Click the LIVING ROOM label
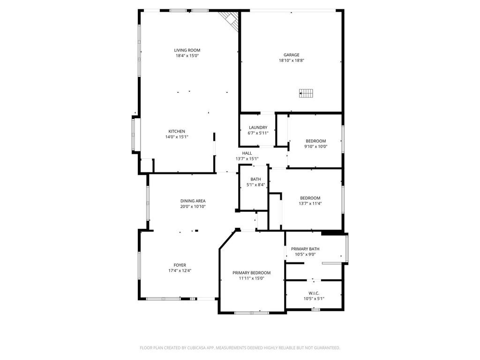pos(187,50)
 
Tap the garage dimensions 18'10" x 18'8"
pos(292,60)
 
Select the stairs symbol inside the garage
pos(306,93)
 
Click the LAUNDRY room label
pos(258,127)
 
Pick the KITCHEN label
pos(177,131)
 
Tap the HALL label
pos(247,153)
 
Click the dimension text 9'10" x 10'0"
pos(315,146)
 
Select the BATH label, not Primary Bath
pos(255,179)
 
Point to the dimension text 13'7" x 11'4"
pos(310,203)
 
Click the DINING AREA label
pos(193,201)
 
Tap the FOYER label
pos(180,265)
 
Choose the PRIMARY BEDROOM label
pos(252,273)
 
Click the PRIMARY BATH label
pos(305,249)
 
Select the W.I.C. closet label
pos(314,293)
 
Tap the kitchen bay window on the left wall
pos(134,135)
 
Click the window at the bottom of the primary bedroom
pos(252,313)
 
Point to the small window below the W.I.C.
pos(315,310)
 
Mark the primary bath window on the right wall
pos(347,247)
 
